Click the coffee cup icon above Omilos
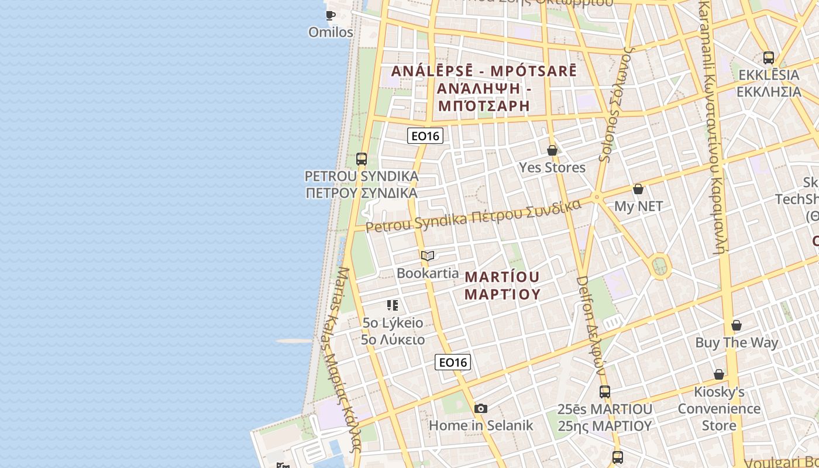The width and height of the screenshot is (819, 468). [331, 15]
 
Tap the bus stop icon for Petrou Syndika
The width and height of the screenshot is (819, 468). [362, 159]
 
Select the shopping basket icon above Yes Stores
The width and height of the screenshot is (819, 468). [552, 150]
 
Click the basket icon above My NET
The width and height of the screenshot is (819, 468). [638, 189]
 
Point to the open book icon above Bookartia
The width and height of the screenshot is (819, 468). [428, 256]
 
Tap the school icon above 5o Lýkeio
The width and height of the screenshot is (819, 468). [393, 305]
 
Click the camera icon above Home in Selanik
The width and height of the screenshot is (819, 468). [481, 408]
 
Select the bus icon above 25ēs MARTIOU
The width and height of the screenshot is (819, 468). [605, 392]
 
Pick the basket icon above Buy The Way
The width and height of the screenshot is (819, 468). [737, 325]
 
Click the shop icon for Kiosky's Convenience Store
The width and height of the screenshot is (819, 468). [719, 374]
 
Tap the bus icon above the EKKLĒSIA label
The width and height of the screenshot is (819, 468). [769, 58]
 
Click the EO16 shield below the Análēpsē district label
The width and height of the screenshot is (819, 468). [425, 136]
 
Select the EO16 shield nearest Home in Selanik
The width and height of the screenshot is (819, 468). [453, 362]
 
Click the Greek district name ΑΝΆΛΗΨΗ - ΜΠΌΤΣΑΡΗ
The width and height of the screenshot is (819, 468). [483, 98]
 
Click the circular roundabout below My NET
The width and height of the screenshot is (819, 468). [660, 266]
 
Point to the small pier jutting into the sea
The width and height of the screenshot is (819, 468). [294, 341]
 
